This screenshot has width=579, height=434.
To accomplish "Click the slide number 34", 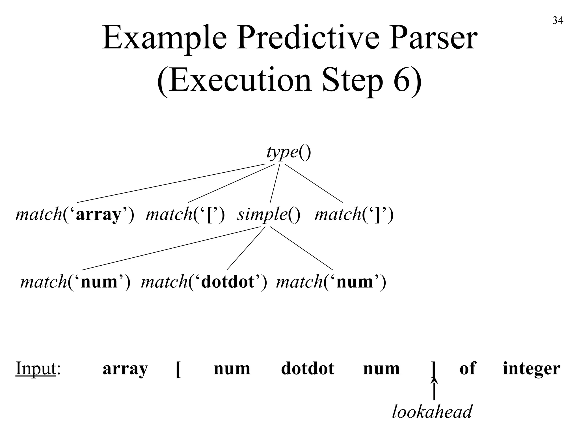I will click(x=558, y=21).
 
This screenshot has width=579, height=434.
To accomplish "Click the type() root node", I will click(x=289, y=153).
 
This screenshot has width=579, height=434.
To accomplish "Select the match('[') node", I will click(x=185, y=214).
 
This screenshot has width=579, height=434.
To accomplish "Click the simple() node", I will click(x=269, y=214).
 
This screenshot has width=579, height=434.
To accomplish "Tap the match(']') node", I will click(x=354, y=214).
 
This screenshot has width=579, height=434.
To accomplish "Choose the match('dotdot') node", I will click(x=204, y=282).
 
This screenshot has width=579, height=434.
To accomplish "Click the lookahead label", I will click(x=432, y=412).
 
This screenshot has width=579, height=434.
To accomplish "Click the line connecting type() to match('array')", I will click(x=171, y=183).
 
